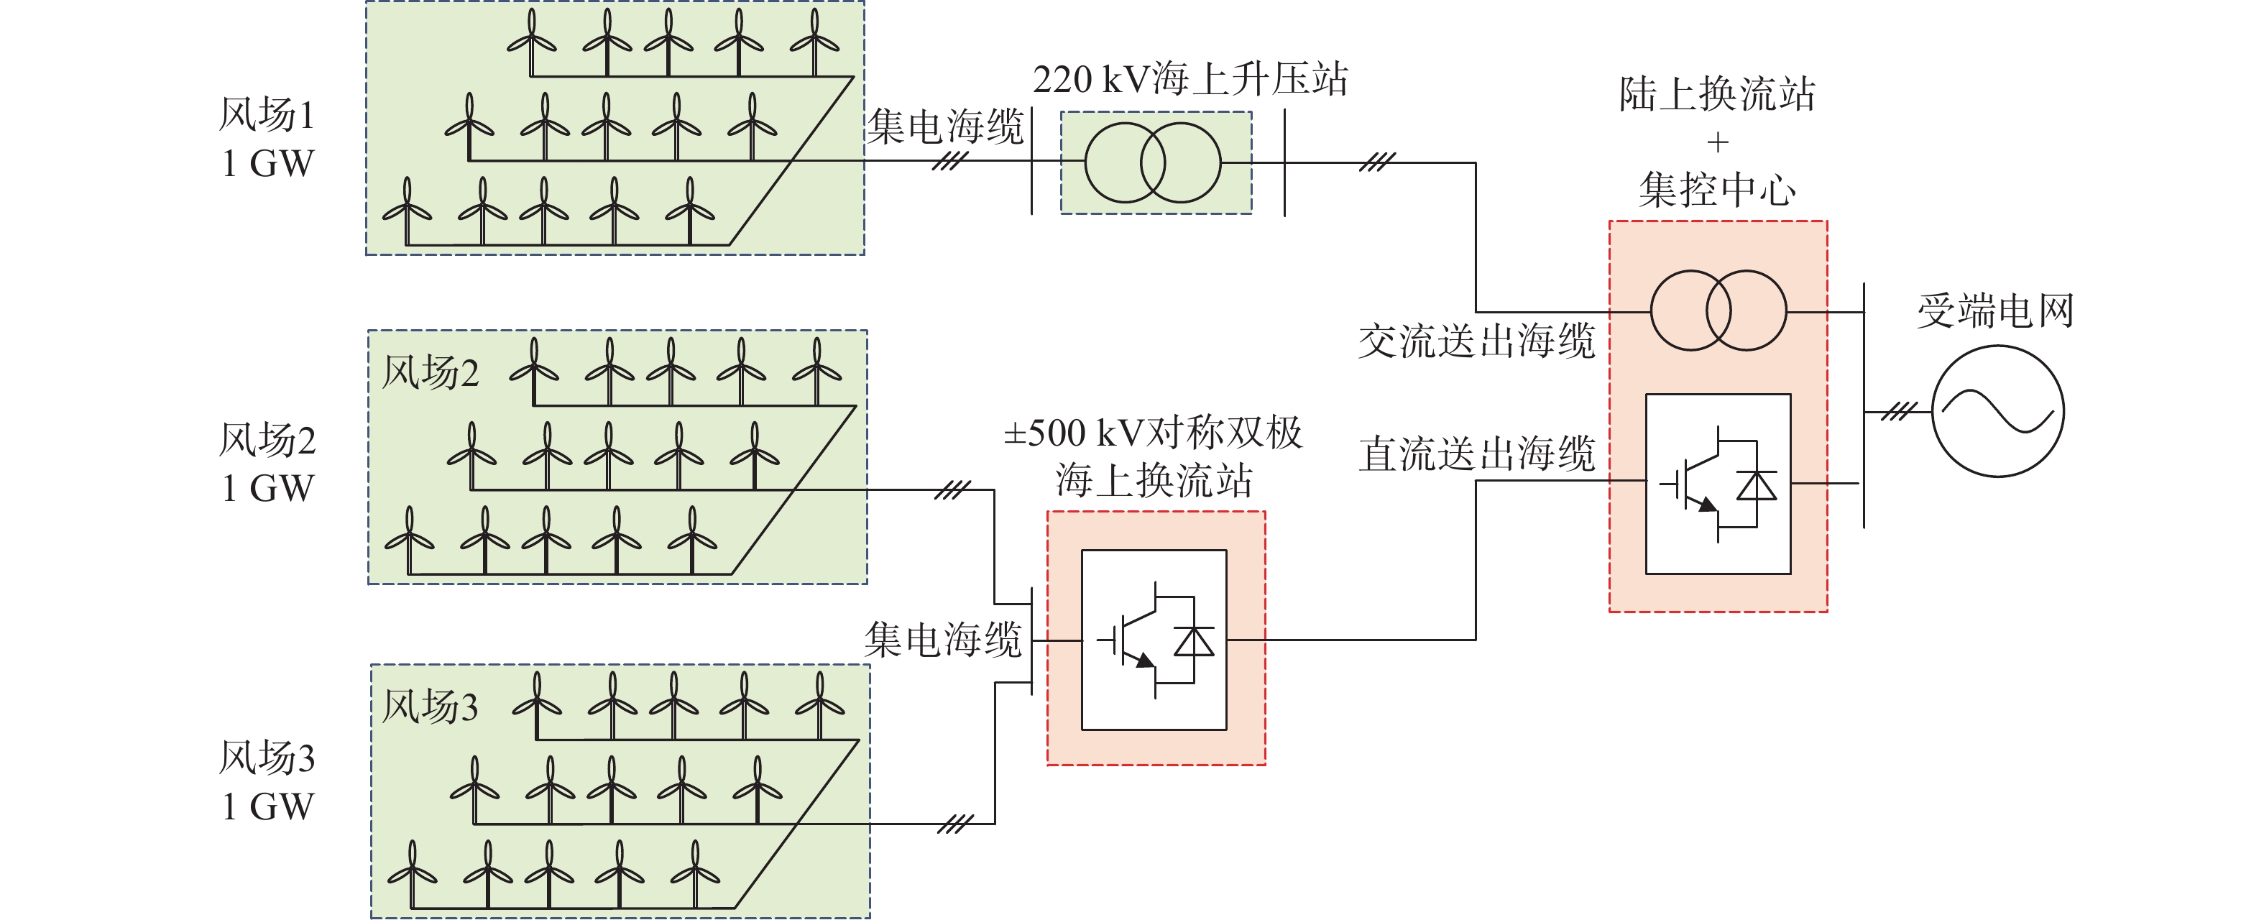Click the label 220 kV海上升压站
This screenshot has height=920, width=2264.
(1190, 80)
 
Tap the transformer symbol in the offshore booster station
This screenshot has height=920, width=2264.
(1153, 162)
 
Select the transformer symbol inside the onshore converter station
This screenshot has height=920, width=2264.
(1718, 310)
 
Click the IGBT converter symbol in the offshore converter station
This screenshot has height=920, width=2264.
(1154, 640)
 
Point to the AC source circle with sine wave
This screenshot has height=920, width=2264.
(1997, 411)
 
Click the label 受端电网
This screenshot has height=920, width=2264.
(1995, 311)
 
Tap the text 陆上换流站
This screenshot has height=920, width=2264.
(1717, 94)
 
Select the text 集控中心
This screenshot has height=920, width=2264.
(1717, 190)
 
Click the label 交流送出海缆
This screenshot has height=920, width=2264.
(1476, 341)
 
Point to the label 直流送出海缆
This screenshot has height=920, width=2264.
(1476, 454)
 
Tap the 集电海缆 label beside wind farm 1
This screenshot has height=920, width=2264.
(946, 126)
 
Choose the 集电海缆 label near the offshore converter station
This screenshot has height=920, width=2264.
(943, 639)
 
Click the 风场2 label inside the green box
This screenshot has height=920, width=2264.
(430, 372)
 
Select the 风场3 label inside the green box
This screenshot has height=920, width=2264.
(430, 707)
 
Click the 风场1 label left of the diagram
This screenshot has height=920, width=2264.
(267, 115)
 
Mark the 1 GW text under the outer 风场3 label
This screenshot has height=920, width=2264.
(267, 806)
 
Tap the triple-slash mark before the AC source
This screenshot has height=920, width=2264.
(1898, 411)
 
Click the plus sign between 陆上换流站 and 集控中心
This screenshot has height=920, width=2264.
(1717, 142)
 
